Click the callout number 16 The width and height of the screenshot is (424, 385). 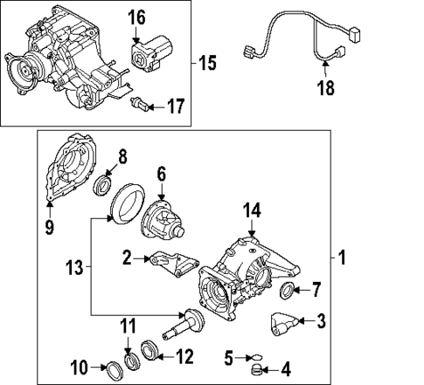tap(137, 16)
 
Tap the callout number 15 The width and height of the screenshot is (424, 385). tap(206, 64)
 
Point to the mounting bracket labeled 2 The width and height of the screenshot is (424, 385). tap(171, 263)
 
